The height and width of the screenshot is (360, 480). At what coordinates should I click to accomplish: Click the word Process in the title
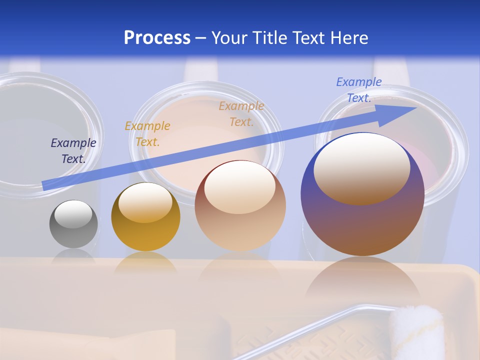(x=157, y=37)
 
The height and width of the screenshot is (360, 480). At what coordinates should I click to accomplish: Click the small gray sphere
(x=73, y=235)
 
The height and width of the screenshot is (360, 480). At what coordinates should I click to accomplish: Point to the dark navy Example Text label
(x=73, y=151)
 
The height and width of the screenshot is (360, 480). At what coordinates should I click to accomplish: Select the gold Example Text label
(x=147, y=133)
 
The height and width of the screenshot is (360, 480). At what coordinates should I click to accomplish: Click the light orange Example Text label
(x=241, y=113)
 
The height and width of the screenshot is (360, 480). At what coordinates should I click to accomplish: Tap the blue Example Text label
(x=359, y=90)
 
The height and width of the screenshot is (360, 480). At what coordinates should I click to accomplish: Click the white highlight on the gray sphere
(x=73, y=214)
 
